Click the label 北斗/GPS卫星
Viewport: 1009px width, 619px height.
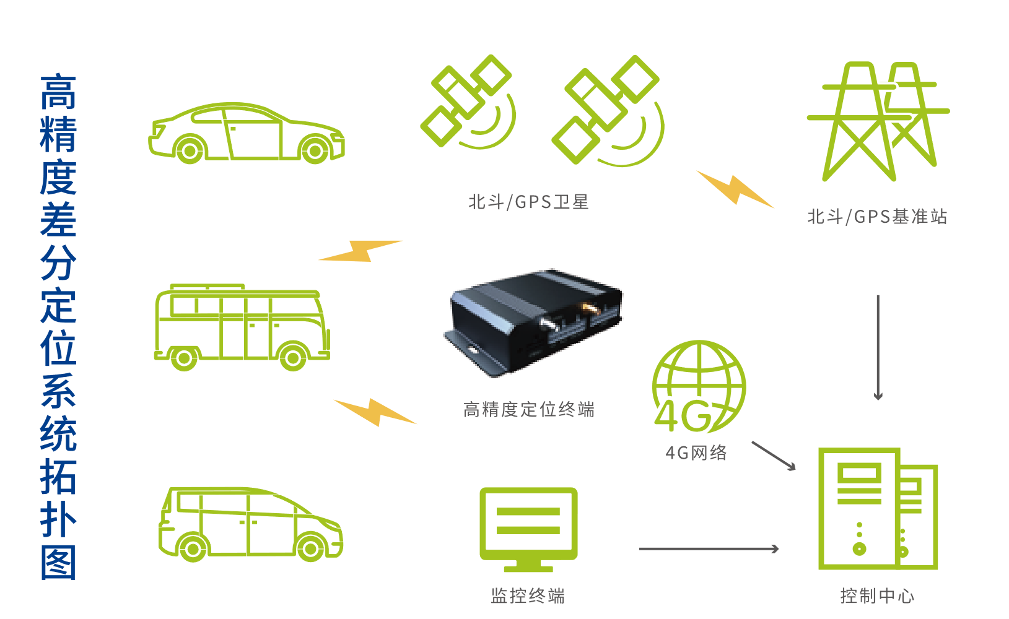[x=529, y=202]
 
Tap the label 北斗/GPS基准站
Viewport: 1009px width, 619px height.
[x=877, y=217]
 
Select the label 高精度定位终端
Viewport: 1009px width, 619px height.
[x=529, y=410]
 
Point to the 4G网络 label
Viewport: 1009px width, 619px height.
[x=696, y=453]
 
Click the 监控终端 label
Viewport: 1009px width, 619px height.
[x=528, y=595]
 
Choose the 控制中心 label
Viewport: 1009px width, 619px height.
[x=877, y=595]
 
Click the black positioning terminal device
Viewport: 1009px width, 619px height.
[x=533, y=322]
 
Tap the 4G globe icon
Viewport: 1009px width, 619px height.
[x=699, y=386]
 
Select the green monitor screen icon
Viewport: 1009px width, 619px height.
[x=528, y=529]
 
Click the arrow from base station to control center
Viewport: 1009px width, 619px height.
[x=878, y=347]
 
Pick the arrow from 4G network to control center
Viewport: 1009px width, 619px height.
[x=774, y=456]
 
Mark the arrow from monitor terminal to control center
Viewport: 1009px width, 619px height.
[x=709, y=549]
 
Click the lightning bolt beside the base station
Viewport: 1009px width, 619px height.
[x=735, y=189]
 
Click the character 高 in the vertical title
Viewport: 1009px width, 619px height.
[x=58, y=92]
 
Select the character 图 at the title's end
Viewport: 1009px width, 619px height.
[x=58, y=563]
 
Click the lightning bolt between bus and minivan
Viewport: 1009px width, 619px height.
[x=375, y=412]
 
